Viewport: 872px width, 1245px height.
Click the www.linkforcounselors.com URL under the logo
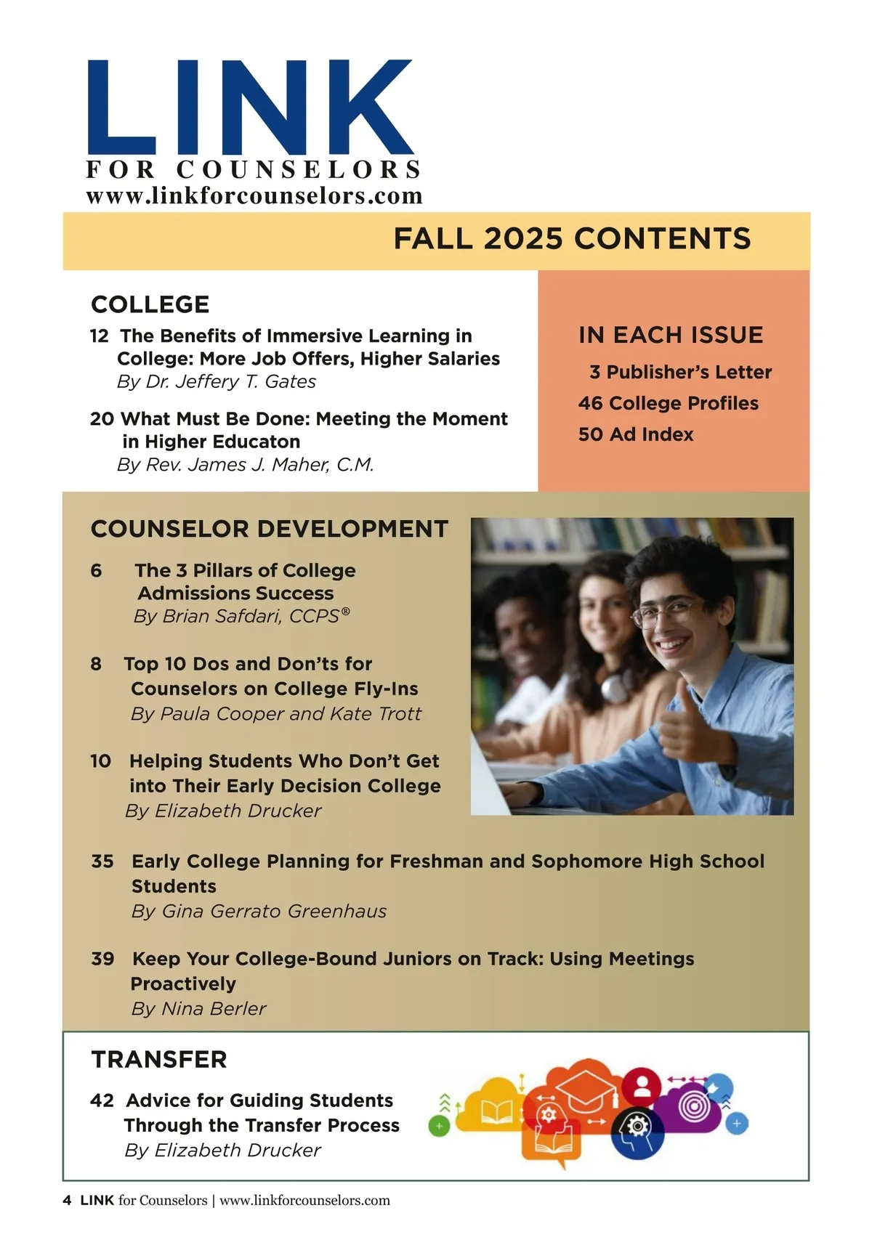point(254,196)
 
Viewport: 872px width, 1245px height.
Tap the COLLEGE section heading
point(150,304)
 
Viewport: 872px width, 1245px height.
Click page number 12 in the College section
point(99,336)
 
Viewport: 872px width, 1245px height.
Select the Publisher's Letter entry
point(688,372)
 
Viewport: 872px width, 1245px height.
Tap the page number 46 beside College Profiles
point(590,403)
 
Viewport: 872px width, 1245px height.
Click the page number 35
point(102,861)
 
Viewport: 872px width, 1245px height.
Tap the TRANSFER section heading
point(159,1060)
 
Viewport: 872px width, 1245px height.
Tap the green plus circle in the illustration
point(439,1127)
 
